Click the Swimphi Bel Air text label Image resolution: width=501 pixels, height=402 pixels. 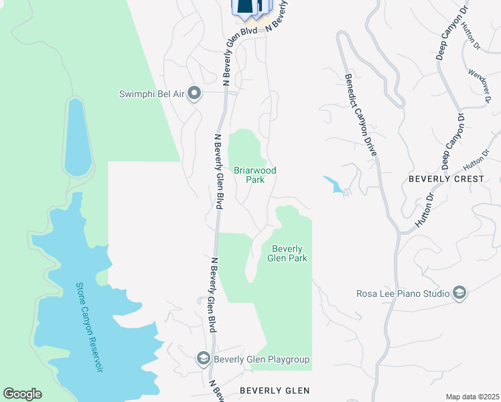click(152, 93)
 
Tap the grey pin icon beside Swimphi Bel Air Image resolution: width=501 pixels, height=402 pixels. click(194, 93)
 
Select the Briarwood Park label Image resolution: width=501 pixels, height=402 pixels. click(255, 175)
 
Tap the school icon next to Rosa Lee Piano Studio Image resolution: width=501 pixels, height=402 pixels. click(459, 293)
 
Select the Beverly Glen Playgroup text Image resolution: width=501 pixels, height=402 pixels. click(262, 360)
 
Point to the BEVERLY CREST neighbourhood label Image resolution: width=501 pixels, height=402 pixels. click(446, 179)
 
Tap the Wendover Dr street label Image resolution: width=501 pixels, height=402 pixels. click(480, 86)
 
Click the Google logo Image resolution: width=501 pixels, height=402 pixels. click(22, 394)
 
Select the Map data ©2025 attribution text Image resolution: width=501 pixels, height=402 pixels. click(472, 397)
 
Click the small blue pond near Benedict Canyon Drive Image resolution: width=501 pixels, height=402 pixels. click(334, 185)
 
